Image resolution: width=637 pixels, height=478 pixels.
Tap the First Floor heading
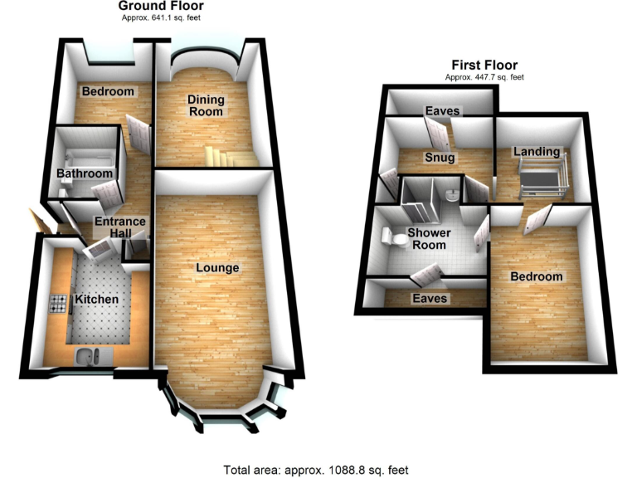(x=484, y=65)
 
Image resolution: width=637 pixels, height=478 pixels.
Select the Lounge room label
(x=217, y=268)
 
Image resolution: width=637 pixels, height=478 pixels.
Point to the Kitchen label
(x=97, y=299)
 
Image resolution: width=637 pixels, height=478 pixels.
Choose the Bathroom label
(x=84, y=173)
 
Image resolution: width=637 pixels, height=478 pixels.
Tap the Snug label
(x=440, y=157)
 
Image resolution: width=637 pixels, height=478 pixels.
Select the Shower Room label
(x=426, y=239)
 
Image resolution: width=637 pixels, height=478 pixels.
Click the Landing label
(x=537, y=152)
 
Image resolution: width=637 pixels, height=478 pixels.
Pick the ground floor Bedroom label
(x=107, y=91)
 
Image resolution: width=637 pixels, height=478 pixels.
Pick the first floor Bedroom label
(x=536, y=276)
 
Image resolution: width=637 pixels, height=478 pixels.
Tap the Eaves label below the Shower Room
(x=430, y=298)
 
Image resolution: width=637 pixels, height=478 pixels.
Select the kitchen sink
(x=85, y=357)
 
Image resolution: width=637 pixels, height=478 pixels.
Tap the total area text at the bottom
(x=316, y=470)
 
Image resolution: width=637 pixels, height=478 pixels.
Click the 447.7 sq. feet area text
(x=484, y=77)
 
